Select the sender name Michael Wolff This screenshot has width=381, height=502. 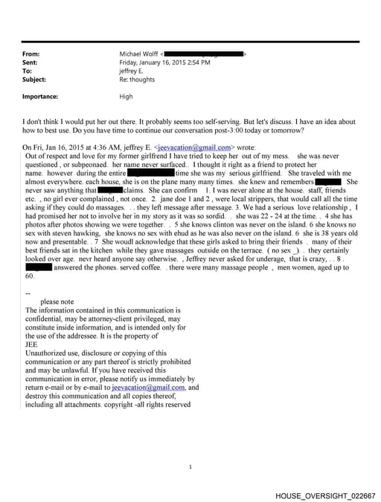(139, 54)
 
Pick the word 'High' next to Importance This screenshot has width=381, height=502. (127, 97)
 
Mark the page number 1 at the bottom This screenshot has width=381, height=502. (190, 466)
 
